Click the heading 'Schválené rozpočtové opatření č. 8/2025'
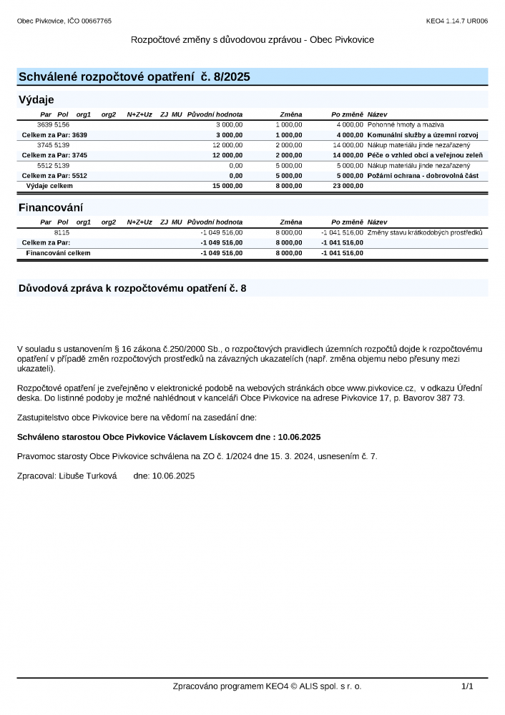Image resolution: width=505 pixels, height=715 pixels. (134, 77)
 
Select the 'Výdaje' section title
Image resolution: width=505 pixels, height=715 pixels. (36, 99)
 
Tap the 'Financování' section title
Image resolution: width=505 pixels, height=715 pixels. (50, 208)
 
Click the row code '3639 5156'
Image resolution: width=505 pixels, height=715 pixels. (53, 124)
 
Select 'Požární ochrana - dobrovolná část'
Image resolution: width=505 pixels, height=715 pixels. (423, 175)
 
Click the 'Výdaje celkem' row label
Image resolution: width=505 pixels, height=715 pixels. (49, 185)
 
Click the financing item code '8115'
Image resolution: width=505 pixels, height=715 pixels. (62, 232)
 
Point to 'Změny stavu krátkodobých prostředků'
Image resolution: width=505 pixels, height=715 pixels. (425, 232)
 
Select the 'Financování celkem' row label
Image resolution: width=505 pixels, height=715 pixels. (58, 252)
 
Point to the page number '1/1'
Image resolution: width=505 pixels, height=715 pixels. (467, 686)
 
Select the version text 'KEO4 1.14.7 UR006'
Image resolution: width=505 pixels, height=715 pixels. (456, 21)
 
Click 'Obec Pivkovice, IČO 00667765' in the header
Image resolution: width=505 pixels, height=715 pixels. (64, 21)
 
